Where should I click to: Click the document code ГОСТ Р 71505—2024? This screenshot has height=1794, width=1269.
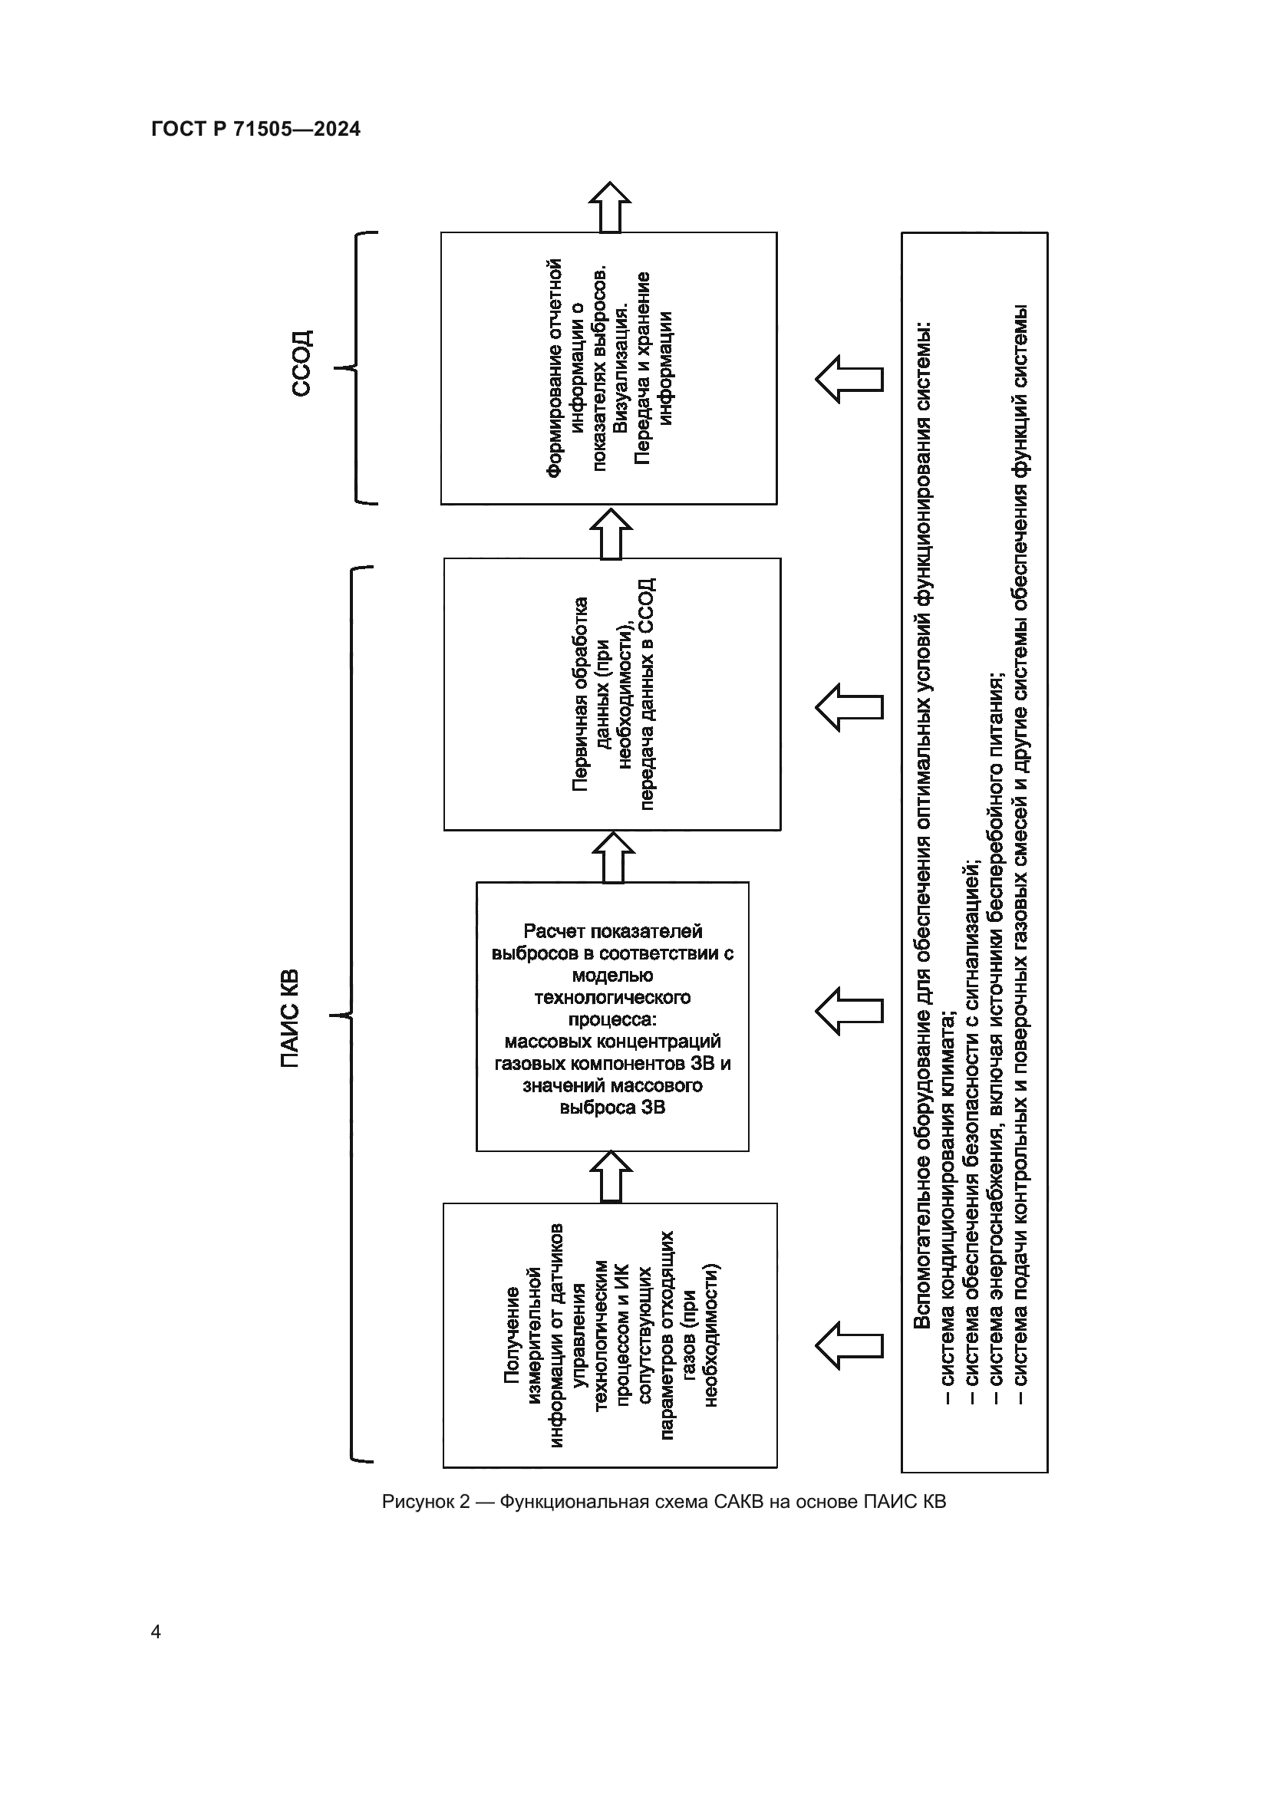tap(255, 130)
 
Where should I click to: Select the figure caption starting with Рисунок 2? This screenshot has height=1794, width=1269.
tap(664, 1502)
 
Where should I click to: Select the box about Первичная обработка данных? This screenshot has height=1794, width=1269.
tap(612, 694)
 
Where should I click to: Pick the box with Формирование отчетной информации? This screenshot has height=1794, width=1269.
tap(608, 368)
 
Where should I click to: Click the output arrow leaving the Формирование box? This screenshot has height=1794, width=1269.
tap(609, 207)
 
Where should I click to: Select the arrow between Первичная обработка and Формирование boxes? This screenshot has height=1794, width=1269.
tap(610, 533)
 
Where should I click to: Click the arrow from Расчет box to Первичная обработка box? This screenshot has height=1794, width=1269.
tap(614, 857)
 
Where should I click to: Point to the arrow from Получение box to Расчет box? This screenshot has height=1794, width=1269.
tap(610, 1177)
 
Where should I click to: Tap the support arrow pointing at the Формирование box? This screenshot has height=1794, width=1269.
tap(849, 379)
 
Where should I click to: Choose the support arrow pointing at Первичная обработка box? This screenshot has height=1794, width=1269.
tap(849, 707)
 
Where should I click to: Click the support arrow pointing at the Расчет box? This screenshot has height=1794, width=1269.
tap(849, 1011)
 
